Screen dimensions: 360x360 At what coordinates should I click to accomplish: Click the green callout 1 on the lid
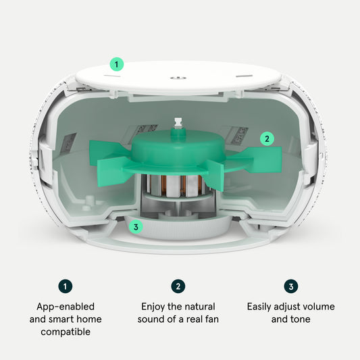[117, 64]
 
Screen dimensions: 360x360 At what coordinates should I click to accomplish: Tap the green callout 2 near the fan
[267, 138]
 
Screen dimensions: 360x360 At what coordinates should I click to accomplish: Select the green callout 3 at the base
[136, 227]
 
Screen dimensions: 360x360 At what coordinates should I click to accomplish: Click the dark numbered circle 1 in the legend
[66, 286]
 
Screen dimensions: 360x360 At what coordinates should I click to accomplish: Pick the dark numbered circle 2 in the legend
[178, 286]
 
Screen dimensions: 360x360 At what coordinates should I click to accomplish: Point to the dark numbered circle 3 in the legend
[291, 286]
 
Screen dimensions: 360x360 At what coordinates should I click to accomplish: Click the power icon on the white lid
[178, 78]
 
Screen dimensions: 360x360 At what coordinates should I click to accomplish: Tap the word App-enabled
[66, 307]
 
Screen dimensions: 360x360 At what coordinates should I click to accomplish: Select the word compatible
[66, 332]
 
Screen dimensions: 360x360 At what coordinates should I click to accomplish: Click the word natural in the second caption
[200, 307]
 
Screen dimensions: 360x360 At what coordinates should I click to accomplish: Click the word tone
[301, 319]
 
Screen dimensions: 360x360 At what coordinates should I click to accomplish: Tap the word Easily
[259, 307]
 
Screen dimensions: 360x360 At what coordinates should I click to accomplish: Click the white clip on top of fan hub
[178, 123]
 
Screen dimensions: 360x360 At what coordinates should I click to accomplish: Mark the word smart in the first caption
[61, 319]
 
